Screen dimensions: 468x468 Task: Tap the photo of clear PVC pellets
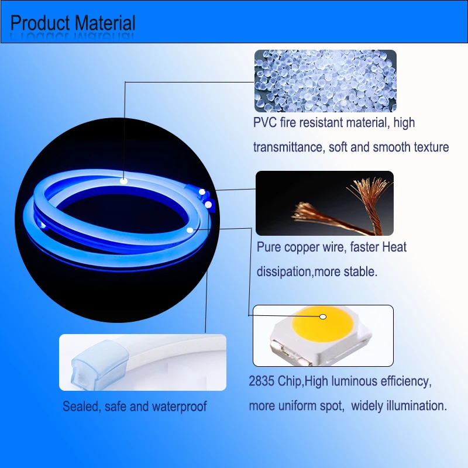click(325, 81)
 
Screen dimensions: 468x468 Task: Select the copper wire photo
click(325, 203)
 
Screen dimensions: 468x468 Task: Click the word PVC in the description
click(265, 123)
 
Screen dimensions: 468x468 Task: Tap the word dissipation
click(284, 272)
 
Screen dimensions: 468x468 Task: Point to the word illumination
click(417, 406)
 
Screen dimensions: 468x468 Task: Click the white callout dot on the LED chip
click(323, 316)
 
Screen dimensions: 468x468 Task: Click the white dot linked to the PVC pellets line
click(124, 181)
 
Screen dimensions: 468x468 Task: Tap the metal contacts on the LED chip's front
click(291, 355)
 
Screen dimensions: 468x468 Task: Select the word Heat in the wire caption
click(394, 247)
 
